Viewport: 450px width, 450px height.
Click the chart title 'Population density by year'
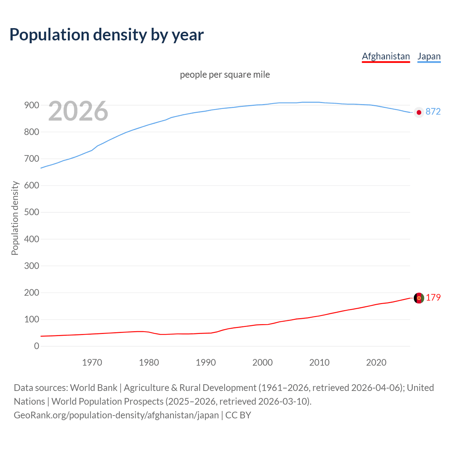(107, 34)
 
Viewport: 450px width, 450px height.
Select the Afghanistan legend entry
(386, 56)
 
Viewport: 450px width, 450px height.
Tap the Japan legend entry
(429, 56)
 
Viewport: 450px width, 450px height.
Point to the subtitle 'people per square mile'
(225, 75)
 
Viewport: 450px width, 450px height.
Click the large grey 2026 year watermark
(78, 111)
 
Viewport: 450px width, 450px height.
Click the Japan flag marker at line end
(419, 112)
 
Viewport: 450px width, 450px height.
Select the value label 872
(433, 111)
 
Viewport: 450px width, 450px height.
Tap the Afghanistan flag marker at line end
(419, 298)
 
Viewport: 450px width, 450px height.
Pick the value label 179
(433, 297)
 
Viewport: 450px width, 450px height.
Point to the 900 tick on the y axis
(31, 105)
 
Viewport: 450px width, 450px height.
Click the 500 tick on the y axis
(31, 212)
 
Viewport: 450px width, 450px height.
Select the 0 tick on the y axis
(37, 346)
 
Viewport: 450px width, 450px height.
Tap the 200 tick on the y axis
(31, 292)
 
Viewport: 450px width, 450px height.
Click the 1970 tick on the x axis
(92, 362)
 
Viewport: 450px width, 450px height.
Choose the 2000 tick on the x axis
(263, 362)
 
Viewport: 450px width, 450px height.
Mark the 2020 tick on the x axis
(376, 362)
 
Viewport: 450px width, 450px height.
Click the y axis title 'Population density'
(15, 218)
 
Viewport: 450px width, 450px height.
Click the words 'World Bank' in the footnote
(94, 388)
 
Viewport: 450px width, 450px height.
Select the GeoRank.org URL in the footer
(116, 415)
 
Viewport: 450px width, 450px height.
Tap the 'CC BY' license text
(238, 415)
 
